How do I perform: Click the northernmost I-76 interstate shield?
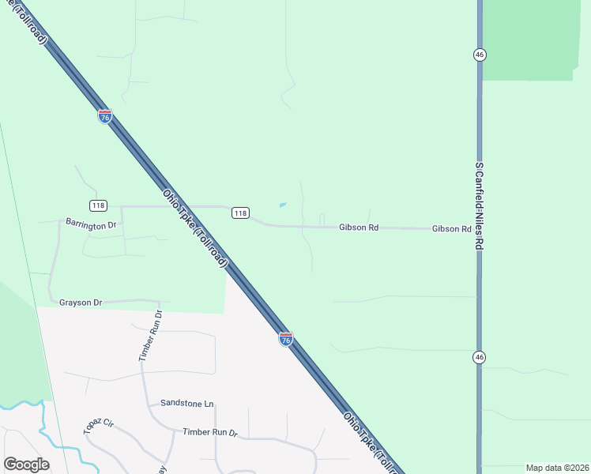pos(105,116)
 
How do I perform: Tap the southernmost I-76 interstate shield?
pos(286,339)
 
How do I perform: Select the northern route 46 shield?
pos(480,55)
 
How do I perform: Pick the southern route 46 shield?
pos(480,358)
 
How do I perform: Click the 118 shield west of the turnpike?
pos(98,205)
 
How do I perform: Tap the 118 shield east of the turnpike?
pos(241,213)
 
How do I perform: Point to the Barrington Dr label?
pos(91,224)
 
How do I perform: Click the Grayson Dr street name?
pos(81,302)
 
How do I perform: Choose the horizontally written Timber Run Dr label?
pos(209,432)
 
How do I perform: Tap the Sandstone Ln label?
pos(186,404)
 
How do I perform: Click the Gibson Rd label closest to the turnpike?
pos(359,228)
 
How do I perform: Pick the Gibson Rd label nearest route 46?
pos(451,228)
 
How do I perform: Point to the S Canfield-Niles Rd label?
pos(479,206)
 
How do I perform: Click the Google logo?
pos(26,465)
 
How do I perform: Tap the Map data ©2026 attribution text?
pos(556,468)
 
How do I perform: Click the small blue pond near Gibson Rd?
pos(283,205)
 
